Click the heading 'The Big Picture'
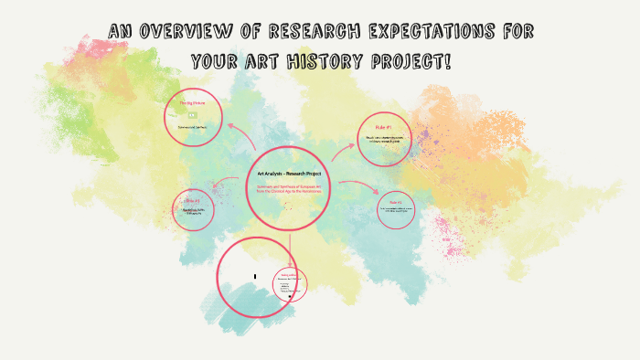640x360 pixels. coord(192,106)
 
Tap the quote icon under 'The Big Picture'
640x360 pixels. coord(192,115)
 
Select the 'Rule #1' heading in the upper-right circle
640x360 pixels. coord(383,126)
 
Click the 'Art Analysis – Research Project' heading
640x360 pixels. coord(289,175)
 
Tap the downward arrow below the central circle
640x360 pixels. coord(291,245)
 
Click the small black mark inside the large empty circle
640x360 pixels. coord(255,276)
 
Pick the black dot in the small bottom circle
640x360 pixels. coord(290,296)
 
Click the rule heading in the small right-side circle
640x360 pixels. coord(395,201)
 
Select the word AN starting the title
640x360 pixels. coord(121,33)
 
